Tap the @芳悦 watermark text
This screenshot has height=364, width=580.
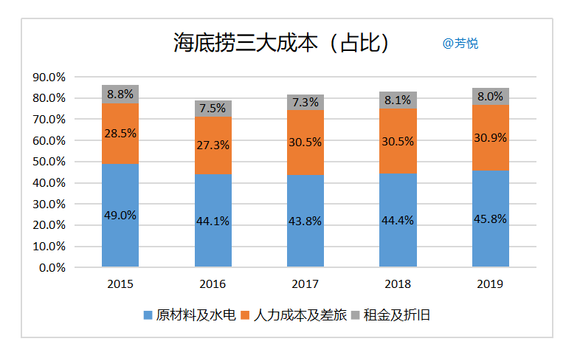coord(460,44)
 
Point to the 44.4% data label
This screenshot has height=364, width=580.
coord(398,219)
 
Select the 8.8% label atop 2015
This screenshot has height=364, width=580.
coord(120,94)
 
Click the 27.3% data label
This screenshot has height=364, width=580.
coord(213,145)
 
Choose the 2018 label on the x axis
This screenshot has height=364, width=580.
coord(398,284)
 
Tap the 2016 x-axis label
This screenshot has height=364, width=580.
coord(213,284)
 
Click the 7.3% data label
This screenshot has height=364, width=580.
coord(305,102)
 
